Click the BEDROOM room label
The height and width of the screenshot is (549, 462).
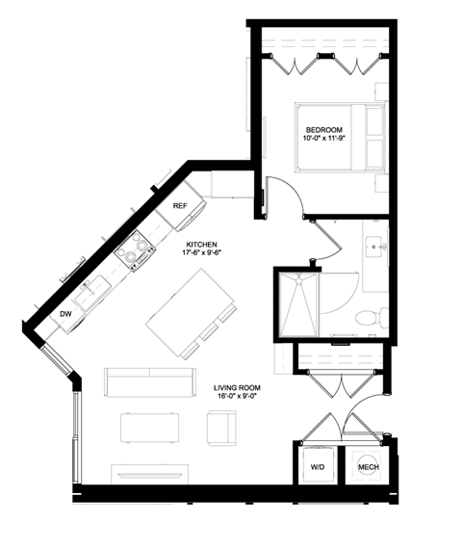[x=323, y=129]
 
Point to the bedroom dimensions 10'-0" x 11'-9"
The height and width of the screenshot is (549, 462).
[x=323, y=140]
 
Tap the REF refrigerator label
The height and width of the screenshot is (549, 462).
[x=180, y=206]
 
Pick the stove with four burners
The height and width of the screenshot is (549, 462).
[x=134, y=253]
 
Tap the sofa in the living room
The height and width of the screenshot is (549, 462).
[x=149, y=382]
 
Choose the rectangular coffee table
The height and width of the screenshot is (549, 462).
[x=150, y=427]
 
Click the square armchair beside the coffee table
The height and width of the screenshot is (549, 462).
[x=222, y=426]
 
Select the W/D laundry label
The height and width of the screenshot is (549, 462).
[x=318, y=468]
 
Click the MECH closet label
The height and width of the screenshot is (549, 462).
[x=367, y=468]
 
